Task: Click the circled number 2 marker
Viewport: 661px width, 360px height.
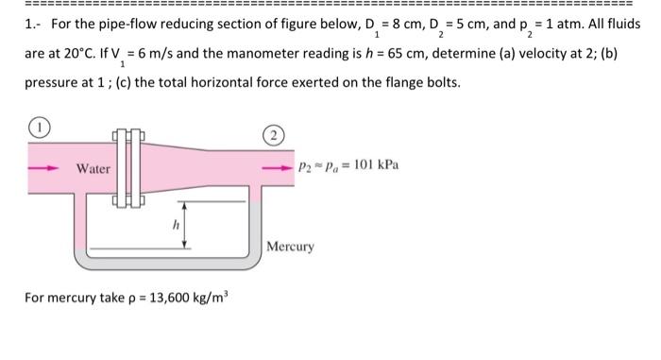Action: (271, 135)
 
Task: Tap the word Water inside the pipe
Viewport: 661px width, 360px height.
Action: (93, 168)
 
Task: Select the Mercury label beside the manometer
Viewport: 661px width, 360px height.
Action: (290, 247)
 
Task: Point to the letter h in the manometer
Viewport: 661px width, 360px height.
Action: (174, 226)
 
